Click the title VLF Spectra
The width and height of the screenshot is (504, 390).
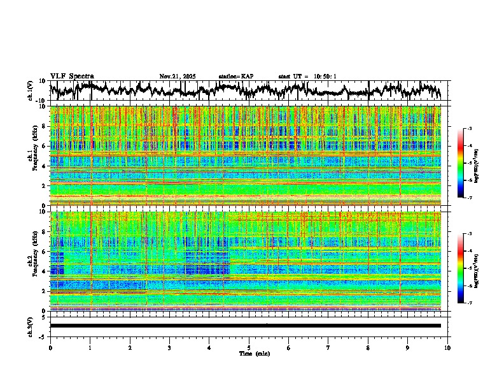coord(72,76)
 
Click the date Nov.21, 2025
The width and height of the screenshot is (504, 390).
coord(178,76)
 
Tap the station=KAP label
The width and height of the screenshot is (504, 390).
coord(236,76)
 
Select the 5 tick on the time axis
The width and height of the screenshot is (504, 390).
coord(249,347)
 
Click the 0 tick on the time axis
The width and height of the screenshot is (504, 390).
coord(50,347)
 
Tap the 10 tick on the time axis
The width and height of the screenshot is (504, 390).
coord(447,347)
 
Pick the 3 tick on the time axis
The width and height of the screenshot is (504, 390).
coord(169,347)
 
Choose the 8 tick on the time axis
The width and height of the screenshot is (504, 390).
coord(368,347)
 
